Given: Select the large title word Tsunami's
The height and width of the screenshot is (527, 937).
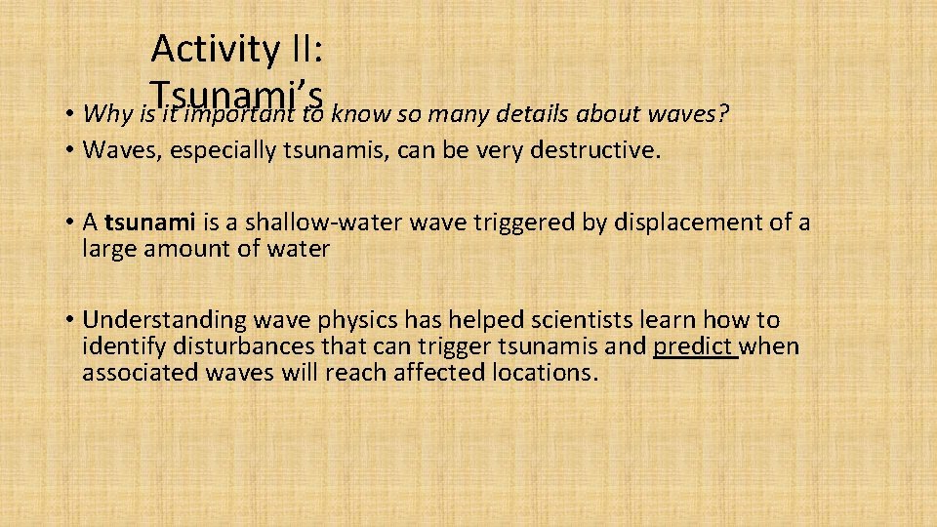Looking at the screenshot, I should click(x=237, y=96).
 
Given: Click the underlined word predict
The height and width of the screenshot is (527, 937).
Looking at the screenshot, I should click(x=693, y=346).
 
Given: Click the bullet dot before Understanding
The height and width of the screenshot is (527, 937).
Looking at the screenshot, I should click(x=73, y=320).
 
